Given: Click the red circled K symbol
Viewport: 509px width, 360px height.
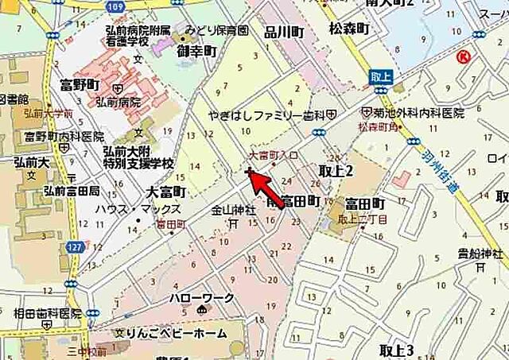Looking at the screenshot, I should click(x=464, y=56).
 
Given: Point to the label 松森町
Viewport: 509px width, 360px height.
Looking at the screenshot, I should click(x=349, y=29).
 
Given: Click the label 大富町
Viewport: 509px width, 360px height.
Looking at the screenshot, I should click(x=166, y=192).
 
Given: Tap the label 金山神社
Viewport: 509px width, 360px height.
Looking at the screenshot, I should click(x=233, y=211).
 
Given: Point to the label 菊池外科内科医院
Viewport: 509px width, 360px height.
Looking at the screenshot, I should click(x=413, y=114).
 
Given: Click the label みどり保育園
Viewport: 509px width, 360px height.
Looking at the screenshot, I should click(x=216, y=32).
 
